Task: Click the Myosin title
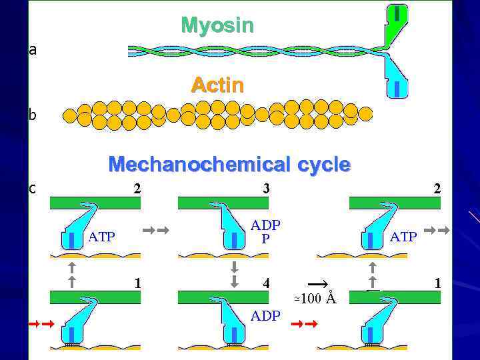(217, 25)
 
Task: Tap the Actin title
(217, 85)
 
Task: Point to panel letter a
(33, 49)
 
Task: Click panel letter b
(33, 115)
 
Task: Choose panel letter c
(33, 188)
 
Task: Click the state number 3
(265, 189)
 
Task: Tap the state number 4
(265, 283)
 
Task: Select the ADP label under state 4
(265, 316)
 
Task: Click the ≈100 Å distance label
(315, 298)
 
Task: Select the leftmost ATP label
(101, 236)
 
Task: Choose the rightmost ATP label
(403, 236)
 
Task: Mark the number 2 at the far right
(437, 189)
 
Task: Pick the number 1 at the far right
(437, 283)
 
